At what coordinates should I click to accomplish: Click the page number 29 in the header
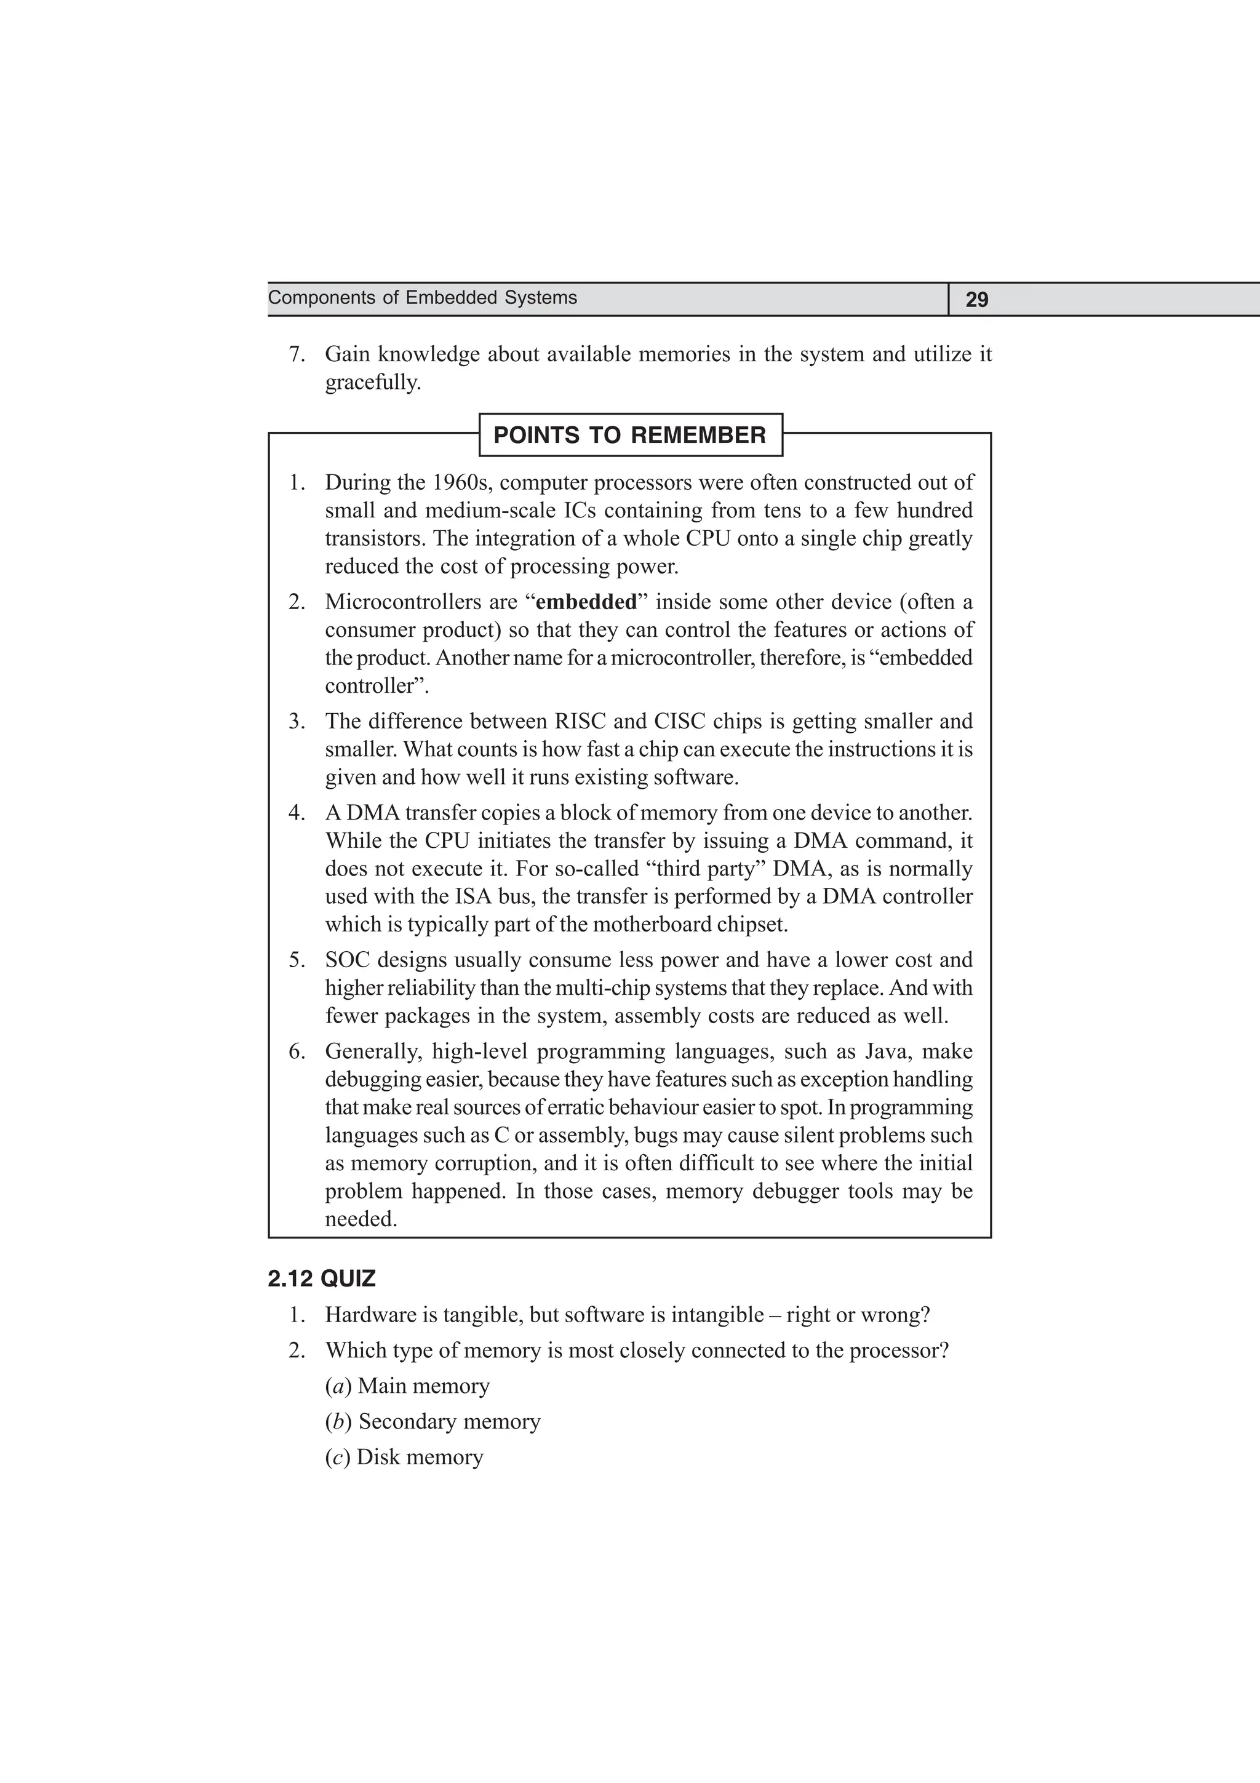[x=976, y=300]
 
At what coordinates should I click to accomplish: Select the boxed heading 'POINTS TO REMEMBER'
[x=629, y=435]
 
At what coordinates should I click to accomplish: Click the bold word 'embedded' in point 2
[x=586, y=602]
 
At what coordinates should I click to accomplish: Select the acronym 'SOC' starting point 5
[x=346, y=960]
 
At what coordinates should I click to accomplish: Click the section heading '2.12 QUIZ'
[x=321, y=1279]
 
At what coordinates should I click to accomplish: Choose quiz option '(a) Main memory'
[x=407, y=1386]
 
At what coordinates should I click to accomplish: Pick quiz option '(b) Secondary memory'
[x=433, y=1422]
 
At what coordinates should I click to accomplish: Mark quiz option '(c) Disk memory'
[x=404, y=1457]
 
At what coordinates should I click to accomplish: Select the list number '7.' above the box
[x=297, y=355]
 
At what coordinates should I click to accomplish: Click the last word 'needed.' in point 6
[x=361, y=1219]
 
